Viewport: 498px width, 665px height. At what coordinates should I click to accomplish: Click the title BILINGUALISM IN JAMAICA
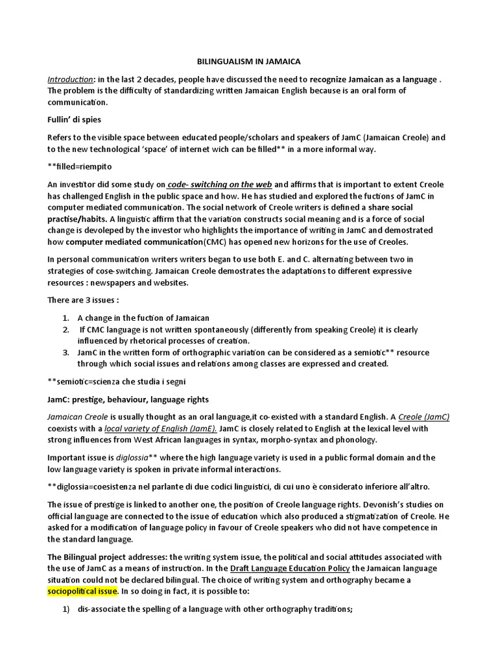(x=249, y=62)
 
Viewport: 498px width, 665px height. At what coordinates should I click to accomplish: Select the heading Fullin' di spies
(x=74, y=120)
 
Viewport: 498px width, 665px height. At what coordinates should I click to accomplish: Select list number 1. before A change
(x=66, y=318)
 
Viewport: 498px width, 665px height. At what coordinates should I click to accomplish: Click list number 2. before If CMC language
(x=66, y=329)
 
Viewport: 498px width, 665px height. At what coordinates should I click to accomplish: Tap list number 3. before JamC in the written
(x=66, y=353)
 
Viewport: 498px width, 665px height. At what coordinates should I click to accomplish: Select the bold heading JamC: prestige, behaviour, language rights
(x=128, y=399)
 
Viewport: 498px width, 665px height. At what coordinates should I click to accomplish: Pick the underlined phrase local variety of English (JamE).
(x=160, y=429)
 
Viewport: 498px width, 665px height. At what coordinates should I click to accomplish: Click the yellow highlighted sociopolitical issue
(x=82, y=592)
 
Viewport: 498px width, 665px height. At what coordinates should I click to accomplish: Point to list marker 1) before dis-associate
(x=65, y=609)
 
